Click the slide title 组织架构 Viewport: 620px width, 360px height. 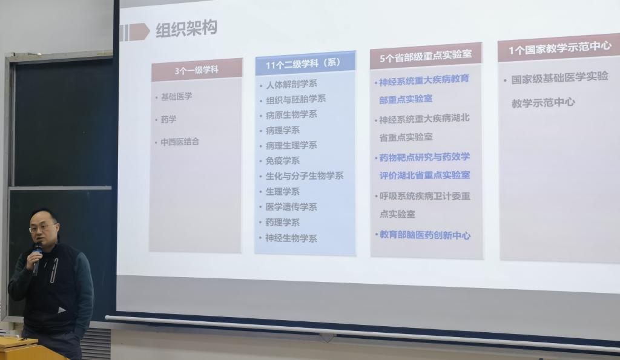[x=186, y=29]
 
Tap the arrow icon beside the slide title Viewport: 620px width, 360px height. [x=135, y=32]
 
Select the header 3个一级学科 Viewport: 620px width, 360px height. [x=197, y=70]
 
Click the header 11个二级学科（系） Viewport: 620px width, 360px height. [x=303, y=64]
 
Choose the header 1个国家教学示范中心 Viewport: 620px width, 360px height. [x=560, y=48]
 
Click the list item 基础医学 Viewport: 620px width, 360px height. [x=176, y=96]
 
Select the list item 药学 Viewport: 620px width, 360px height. [x=168, y=119]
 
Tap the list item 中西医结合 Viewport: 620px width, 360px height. [x=180, y=142]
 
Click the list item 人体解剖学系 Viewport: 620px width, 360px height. [x=291, y=84]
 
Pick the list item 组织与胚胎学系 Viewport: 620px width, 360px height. [x=295, y=99]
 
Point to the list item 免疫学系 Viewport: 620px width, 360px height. [x=283, y=161]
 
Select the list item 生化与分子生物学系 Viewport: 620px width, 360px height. [x=305, y=176]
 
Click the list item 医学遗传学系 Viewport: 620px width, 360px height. [x=291, y=207]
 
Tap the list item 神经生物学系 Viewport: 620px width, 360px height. [x=291, y=238]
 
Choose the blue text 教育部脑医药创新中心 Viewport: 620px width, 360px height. [x=425, y=235]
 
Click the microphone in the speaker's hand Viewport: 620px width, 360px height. [x=37, y=258]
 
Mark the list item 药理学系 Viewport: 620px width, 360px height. [x=283, y=223]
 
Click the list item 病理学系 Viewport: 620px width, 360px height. [x=283, y=130]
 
